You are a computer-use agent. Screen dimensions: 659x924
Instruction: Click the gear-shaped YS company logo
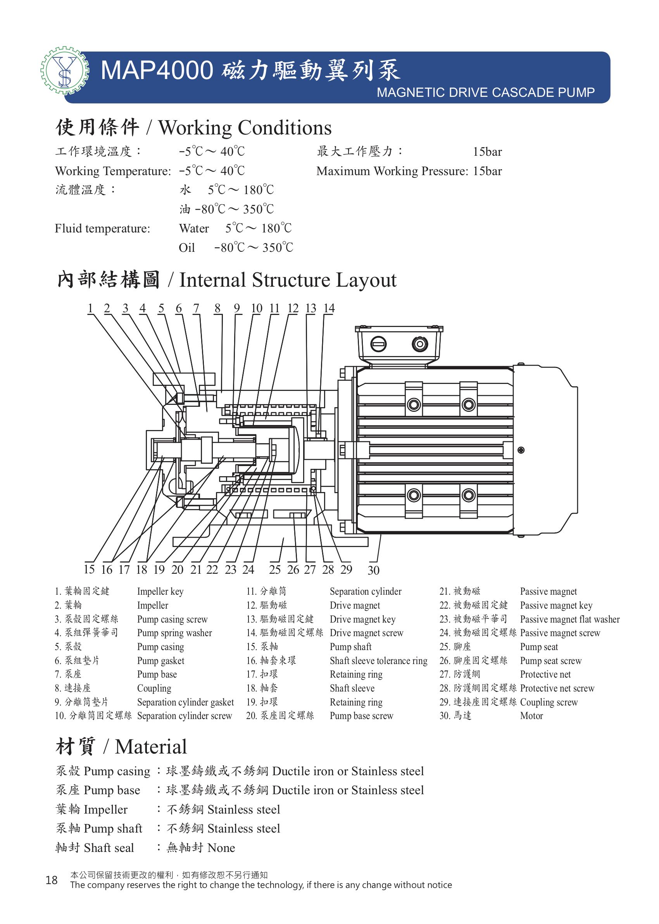pyautogui.click(x=64, y=71)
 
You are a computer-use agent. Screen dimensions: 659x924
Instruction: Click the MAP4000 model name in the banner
pyautogui.click(x=157, y=70)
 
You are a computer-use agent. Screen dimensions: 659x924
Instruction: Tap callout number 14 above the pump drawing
pyautogui.click(x=329, y=308)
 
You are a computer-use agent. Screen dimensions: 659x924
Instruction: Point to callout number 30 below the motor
pyautogui.click(x=373, y=570)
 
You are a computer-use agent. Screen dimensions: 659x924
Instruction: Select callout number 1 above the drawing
pyautogui.click(x=90, y=308)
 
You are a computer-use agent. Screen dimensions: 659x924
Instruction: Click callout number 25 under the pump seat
pyautogui.click(x=275, y=570)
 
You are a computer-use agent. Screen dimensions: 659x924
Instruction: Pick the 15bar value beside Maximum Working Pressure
pyautogui.click(x=487, y=171)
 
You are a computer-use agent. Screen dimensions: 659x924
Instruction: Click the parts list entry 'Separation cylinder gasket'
pyautogui.click(x=185, y=702)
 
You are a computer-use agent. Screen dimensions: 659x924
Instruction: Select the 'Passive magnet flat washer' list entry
pyautogui.click(x=570, y=619)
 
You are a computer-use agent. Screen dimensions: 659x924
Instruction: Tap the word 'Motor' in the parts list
pyautogui.click(x=531, y=716)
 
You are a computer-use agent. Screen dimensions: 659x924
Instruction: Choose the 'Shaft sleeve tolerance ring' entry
pyautogui.click(x=379, y=661)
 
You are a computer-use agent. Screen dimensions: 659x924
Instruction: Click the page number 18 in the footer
pyautogui.click(x=52, y=880)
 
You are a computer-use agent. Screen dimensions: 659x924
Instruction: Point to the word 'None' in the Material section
pyautogui.click(x=221, y=848)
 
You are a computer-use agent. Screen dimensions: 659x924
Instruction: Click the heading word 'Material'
pyautogui.click(x=150, y=747)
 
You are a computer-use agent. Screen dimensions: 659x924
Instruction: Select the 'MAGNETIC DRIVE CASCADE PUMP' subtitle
pyautogui.click(x=486, y=93)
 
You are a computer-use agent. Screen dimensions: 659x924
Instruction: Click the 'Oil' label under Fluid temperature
pyautogui.click(x=187, y=248)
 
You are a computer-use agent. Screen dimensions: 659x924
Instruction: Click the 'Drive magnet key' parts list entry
pyautogui.click(x=362, y=619)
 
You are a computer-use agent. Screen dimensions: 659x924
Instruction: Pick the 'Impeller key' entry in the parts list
pyautogui.click(x=160, y=592)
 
